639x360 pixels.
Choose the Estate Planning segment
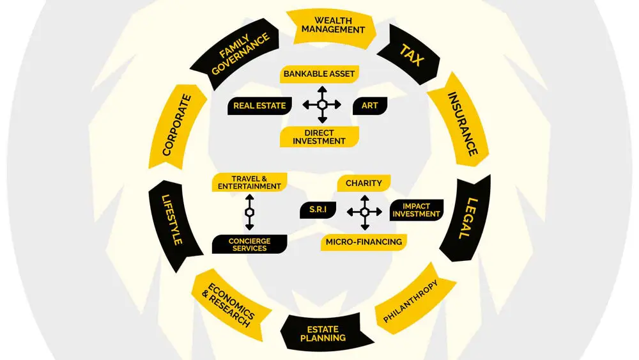pyautogui.click(x=323, y=333)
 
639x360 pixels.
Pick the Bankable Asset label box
pyautogui.click(x=319, y=74)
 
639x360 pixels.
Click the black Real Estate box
pyautogui.click(x=259, y=106)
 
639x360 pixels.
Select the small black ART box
pyautogui.click(x=369, y=106)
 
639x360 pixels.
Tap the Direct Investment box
pyautogui.click(x=319, y=136)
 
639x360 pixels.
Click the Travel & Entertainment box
pyautogui.click(x=247, y=182)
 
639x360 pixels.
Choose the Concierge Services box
pyautogui.click(x=249, y=244)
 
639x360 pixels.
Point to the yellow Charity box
pyautogui.click(x=364, y=183)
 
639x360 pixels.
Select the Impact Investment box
pyautogui.click(x=416, y=210)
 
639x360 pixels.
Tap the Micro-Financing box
pyautogui.click(x=364, y=242)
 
